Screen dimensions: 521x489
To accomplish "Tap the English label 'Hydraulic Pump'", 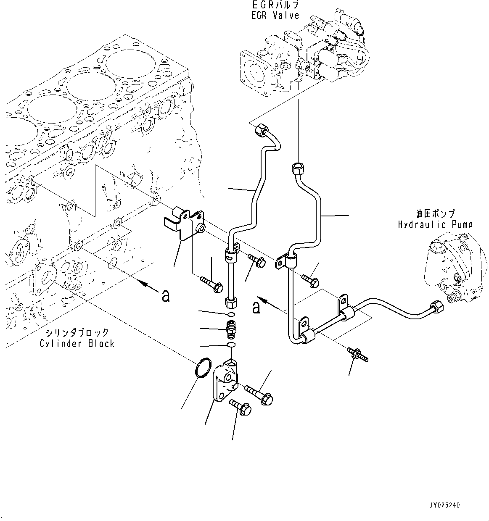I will click(435, 224).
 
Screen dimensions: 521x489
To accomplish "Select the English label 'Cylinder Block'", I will click(77, 343).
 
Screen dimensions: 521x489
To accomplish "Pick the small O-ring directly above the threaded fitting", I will click(231, 314).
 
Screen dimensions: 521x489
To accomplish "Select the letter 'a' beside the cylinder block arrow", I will click(166, 296).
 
